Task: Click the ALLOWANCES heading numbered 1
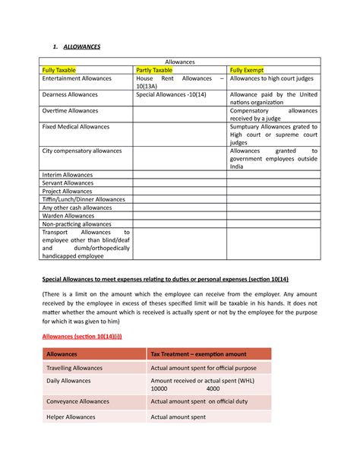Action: tap(73, 47)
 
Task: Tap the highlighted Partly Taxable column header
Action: tap(156, 69)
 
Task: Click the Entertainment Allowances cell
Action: tap(77, 78)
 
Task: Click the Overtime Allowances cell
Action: tap(70, 110)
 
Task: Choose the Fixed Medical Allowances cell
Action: tap(76, 126)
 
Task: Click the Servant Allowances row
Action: tap(68, 183)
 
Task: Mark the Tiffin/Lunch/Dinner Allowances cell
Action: tap(84, 199)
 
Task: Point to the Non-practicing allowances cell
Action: tap(76, 224)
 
